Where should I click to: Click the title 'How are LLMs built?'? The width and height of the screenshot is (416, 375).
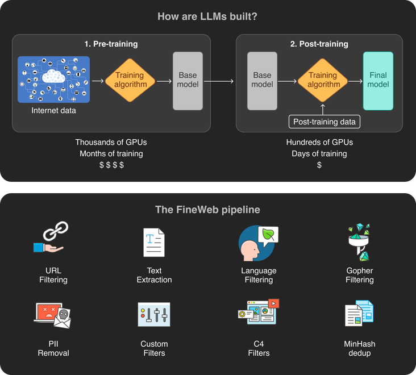point(207,16)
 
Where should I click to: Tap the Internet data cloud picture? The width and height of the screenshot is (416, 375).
point(54,79)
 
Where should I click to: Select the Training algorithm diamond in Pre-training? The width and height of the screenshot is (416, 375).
point(130,80)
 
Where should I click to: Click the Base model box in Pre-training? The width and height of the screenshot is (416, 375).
point(188,80)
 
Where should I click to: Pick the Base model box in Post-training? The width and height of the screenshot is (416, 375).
point(262,80)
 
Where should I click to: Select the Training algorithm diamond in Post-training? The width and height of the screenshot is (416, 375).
point(323,80)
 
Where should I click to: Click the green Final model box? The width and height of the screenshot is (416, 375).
point(378,80)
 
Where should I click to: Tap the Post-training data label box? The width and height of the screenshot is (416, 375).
point(325,122)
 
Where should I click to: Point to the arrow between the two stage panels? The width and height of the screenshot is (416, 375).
point(219,81)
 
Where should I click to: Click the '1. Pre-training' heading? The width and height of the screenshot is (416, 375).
point(111,44)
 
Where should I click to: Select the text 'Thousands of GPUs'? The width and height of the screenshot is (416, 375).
point(111,142)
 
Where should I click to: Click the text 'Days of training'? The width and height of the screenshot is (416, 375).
point(319,153)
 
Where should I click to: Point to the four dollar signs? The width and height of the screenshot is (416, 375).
point(111,165)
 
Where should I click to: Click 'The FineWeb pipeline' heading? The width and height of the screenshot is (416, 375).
point(207,210)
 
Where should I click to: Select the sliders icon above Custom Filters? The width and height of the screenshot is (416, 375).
point(153,314)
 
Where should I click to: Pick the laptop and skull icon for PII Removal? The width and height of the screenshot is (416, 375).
point(53,314)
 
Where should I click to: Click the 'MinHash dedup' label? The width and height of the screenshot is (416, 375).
point(360,348)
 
